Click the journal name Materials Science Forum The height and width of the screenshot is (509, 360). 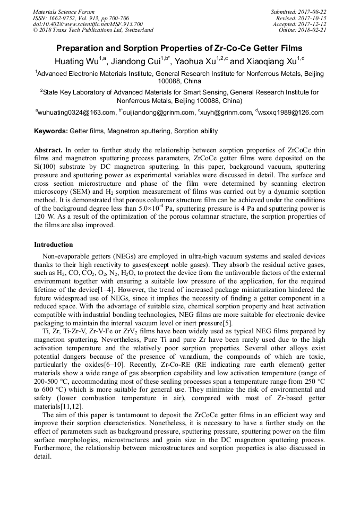tap(64, 12)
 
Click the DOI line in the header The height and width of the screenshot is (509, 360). tap(88, 24)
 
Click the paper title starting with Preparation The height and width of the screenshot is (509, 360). tap(179, 48)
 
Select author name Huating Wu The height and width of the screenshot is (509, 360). tap(75, 61)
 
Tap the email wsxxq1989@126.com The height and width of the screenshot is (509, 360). tap(290, 113)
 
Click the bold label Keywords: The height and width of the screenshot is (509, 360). tap(51, 131)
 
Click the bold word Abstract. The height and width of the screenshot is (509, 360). tap(48, 150)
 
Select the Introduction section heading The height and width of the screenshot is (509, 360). tap(54, 245)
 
